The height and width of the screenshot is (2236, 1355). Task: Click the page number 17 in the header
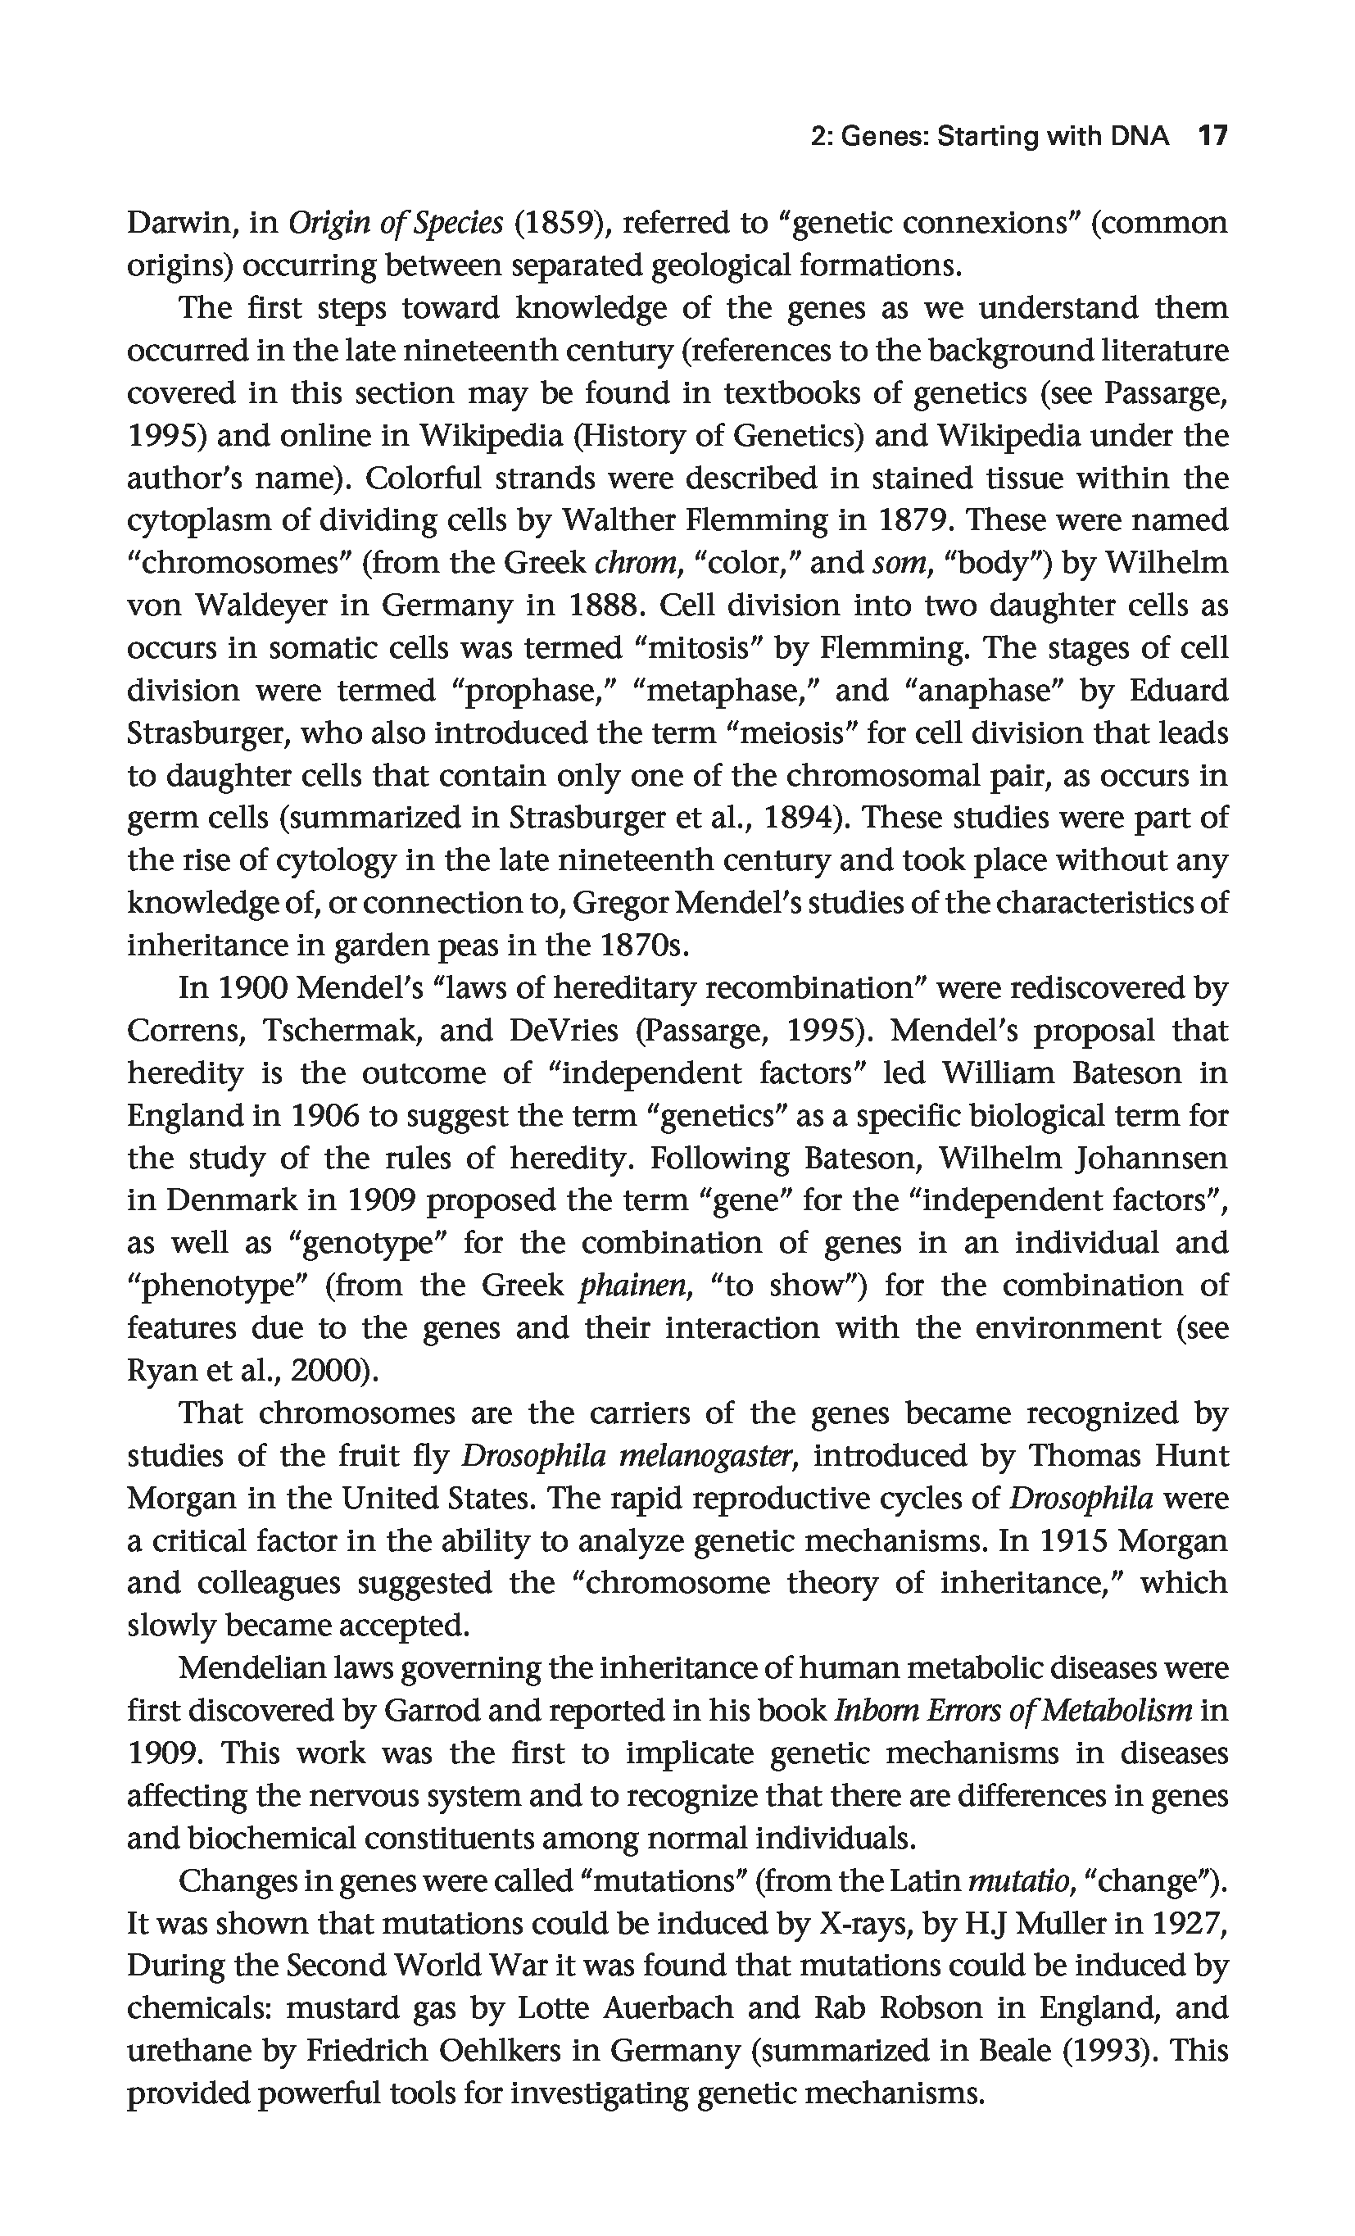(x=1212, y=136)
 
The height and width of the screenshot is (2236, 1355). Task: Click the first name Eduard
(x=1178, y=691)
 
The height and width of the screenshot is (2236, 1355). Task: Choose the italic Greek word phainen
(x=631, y=1286)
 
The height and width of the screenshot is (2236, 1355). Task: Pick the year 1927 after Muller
(x=1189, y=1924)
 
